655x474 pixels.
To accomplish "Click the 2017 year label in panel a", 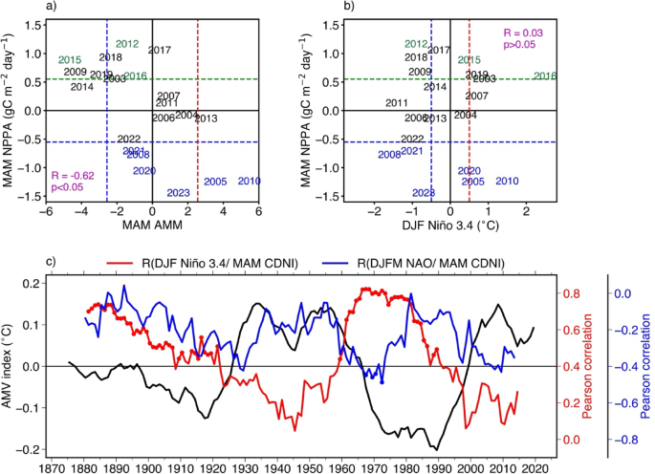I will point(160,50).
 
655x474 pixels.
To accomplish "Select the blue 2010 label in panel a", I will point(249,181).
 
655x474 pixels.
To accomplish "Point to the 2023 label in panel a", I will point(178,192).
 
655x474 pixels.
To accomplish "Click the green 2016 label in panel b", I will point(545,75).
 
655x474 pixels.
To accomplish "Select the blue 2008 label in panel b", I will point(389,154).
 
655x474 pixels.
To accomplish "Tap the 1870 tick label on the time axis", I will point(53,469).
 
